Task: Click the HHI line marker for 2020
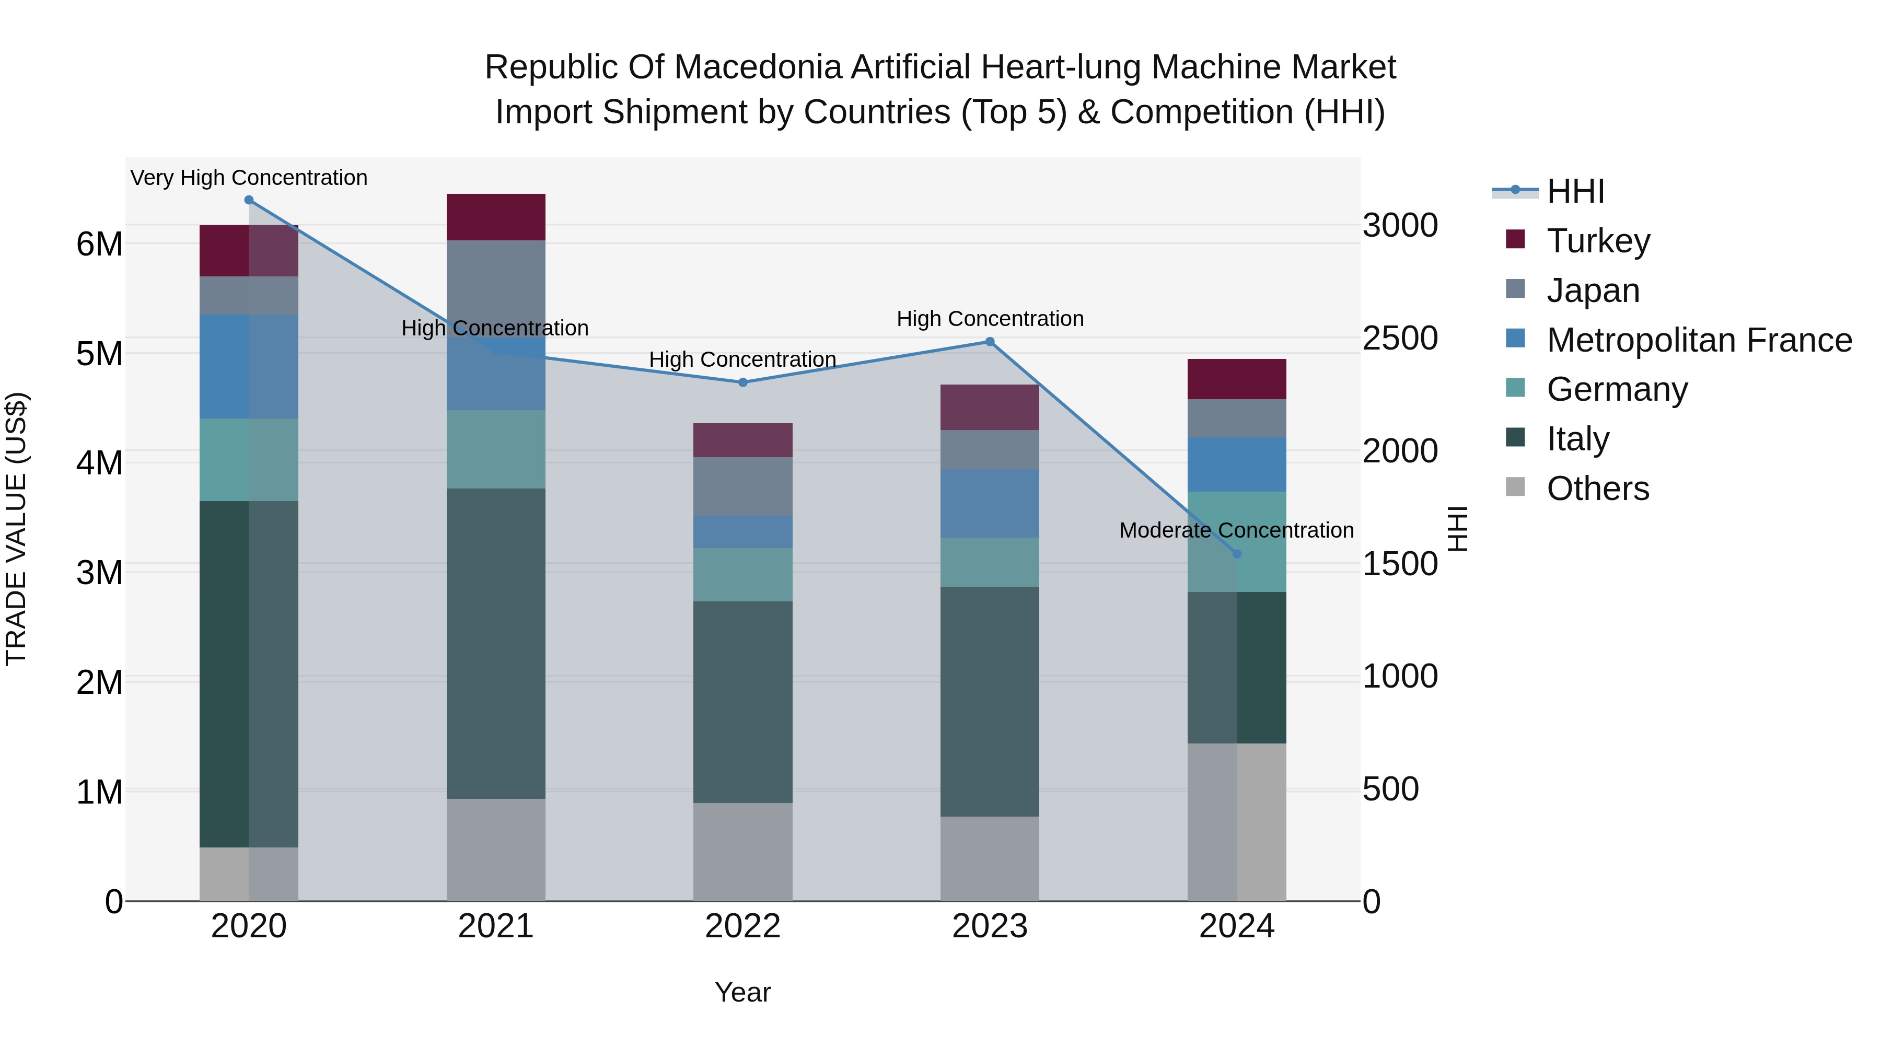click(249, 200)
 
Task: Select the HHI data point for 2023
click(990, 342)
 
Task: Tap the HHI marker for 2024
click(1237, 554)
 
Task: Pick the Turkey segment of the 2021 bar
click(496, 217)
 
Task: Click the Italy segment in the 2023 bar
click(990, 701)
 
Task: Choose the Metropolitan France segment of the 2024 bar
click(1237, 464)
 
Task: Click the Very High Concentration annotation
click(249, 178)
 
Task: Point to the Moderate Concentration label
click(1236, 531)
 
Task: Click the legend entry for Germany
click(1617, 390)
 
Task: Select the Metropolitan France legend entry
click(1699, 340)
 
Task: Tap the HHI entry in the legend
click(1575, 191)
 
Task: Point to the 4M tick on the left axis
click(99, 463)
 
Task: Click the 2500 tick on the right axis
click(1400, 338)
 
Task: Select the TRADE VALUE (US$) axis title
click(17, 529)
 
